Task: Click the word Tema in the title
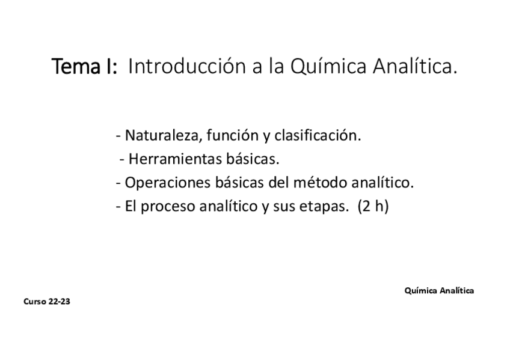(76, 67)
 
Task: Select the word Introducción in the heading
(186, 67)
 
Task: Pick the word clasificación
(318, 136)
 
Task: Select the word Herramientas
(169, 159)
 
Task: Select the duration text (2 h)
(373, 206)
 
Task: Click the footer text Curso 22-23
(47, 302)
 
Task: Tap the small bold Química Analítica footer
(439, 290)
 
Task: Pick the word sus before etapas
(286, 207)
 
